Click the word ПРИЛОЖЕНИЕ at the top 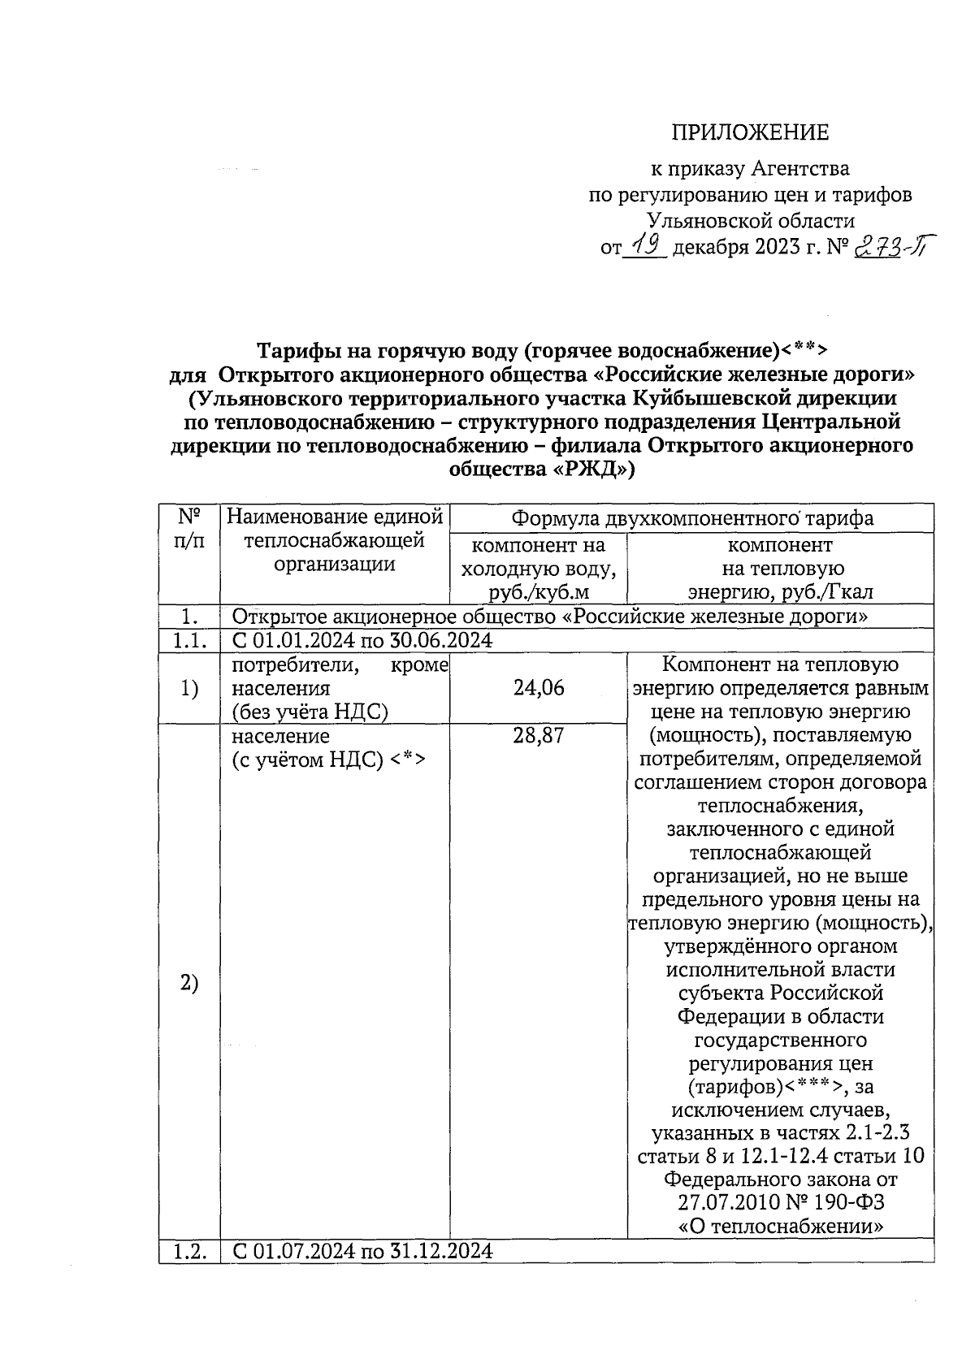749,132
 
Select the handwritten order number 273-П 891,244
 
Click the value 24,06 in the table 538,688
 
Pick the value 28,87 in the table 538,736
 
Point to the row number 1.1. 189,640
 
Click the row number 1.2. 189,1250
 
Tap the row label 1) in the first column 189,689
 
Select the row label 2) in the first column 189,983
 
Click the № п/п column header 189,529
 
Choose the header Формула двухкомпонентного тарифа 691,518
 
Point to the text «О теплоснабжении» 780,1227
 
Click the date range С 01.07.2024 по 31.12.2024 362,1250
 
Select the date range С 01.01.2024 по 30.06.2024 362,640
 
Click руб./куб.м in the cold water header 538,592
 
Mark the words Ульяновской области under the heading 750,220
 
